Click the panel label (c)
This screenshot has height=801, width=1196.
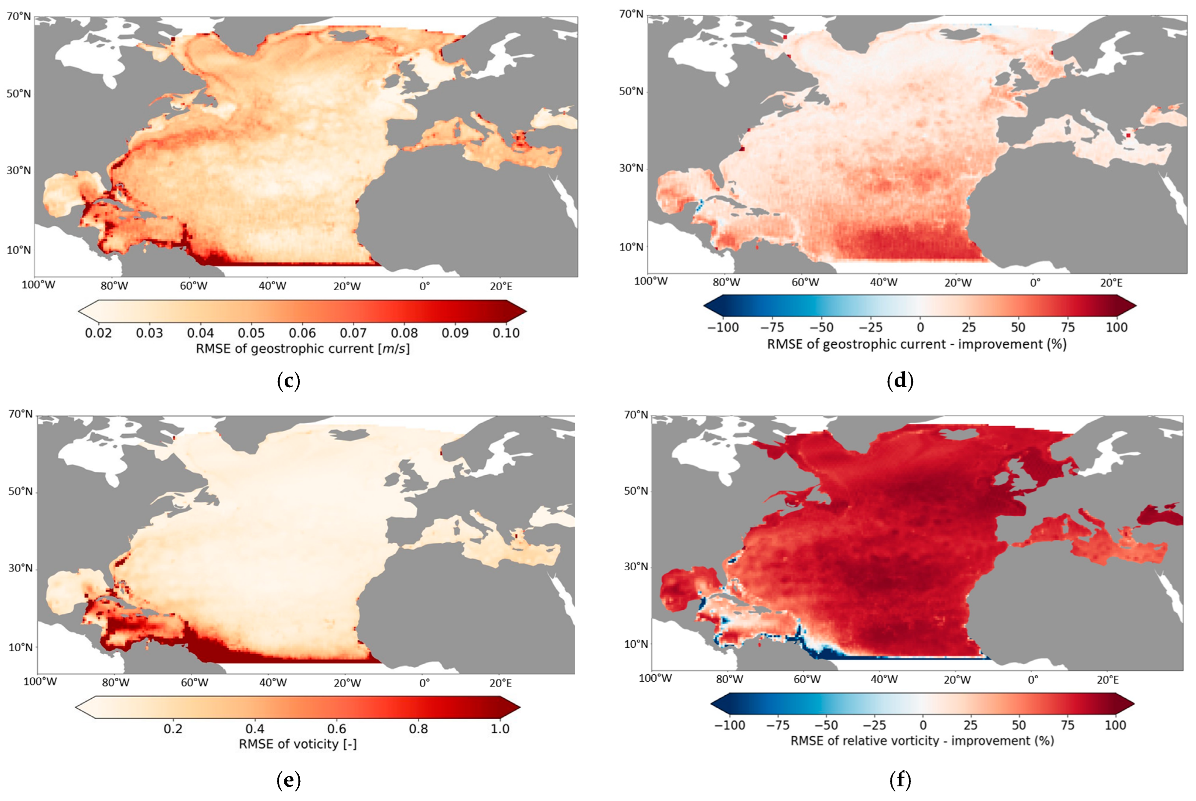click(288, 381)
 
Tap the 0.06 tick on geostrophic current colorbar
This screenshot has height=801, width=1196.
click(302, 333)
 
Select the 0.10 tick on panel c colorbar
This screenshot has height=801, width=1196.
click(506, 333)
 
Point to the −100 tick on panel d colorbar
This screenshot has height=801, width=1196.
click(723, 327)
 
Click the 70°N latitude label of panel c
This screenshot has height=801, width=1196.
click(19, 17)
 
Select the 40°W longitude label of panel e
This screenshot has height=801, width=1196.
click(272, 683)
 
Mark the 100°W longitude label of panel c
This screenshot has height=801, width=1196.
click(38, 285)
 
